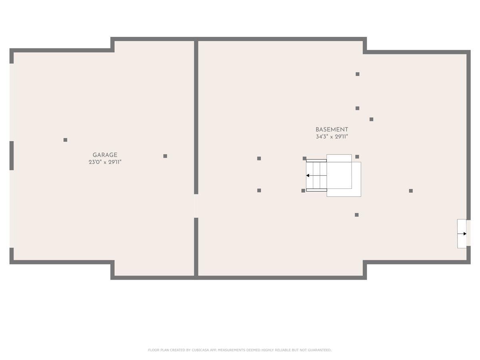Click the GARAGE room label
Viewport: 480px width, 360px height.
(x=105, y=155)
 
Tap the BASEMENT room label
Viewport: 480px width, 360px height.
(x=332, y=129)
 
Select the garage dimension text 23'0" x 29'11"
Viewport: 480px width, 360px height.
(x=105, y=162)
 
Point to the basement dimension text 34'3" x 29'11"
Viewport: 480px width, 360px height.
(x=332, y=137)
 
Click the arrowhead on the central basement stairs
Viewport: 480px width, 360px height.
(x=308, y=175)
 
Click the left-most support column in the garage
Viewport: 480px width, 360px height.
(x=65, y=140)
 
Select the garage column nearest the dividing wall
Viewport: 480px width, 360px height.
(x=165, y=156)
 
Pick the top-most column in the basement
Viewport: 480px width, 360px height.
(x=357, y=74)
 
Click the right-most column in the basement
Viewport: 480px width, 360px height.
(x=411, y=191)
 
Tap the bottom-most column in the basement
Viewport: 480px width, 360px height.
(x=356, y=215)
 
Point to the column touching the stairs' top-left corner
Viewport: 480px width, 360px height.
(x=304, y=158)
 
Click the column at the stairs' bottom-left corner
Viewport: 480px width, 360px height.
(x=303, y=190)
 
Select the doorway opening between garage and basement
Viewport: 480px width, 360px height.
(x=196, y=206)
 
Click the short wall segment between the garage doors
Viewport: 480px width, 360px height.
(x=12, y=156)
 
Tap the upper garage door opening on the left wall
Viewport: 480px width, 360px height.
(x=12, y=102)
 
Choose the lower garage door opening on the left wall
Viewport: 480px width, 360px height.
(x=12, y=209)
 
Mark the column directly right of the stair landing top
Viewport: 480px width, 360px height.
(x=357, y=156)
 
